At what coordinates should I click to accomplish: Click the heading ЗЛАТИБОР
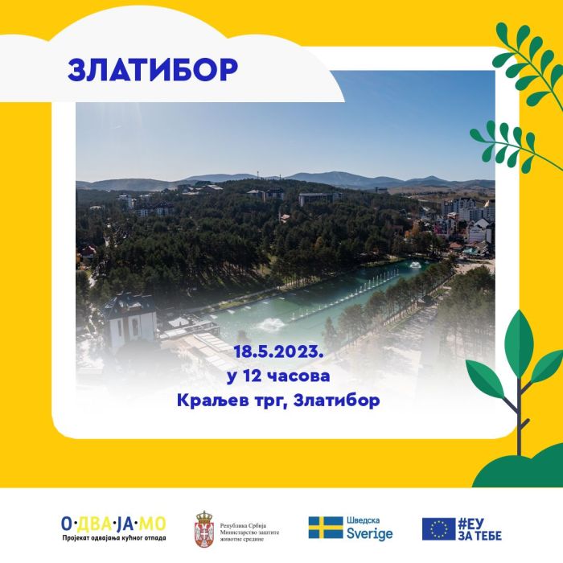153,69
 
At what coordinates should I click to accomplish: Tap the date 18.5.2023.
278,352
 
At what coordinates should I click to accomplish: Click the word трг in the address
270,401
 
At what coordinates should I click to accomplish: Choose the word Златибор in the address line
336,401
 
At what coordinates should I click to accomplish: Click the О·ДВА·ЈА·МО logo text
113,524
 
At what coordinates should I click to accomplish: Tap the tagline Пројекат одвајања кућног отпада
114,538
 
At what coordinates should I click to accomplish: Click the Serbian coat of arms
204,529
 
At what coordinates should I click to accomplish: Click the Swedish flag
326,528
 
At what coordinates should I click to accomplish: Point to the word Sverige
369,534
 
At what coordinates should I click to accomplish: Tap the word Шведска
363,520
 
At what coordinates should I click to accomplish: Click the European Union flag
438,529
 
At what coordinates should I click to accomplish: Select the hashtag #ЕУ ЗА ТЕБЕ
479,529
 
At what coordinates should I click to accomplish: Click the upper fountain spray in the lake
415,265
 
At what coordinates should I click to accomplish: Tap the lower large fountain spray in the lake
270,324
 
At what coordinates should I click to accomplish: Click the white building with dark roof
130,322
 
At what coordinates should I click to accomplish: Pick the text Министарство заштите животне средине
249,536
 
